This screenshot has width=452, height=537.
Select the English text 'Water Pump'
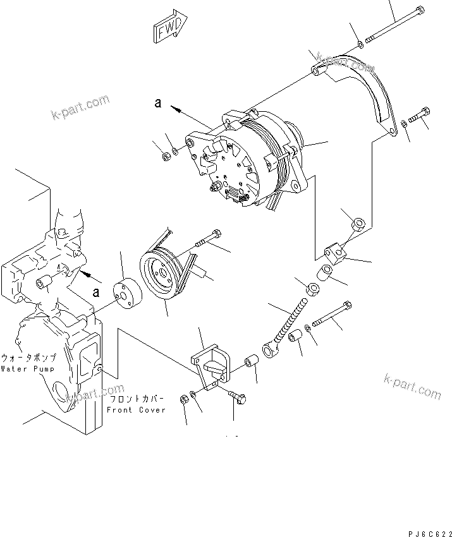(27, 368)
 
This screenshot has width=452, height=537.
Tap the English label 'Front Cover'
(136, 410)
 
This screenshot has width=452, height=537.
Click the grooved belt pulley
(159, 276)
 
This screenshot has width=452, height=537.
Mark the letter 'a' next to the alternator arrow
(158, 104)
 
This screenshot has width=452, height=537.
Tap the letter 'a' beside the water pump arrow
(96, 293)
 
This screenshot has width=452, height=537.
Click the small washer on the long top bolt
(360, 44)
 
